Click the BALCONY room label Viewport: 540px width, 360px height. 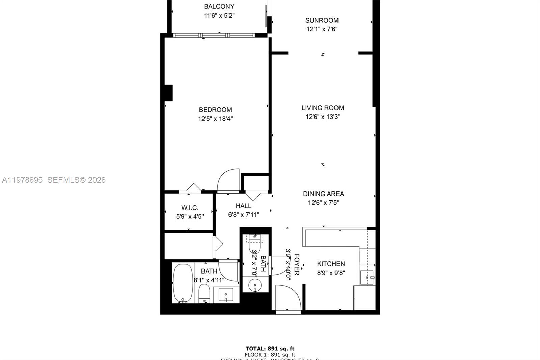(x=219, y=6)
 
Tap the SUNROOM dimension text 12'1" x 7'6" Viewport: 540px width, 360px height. (x=322, y=29)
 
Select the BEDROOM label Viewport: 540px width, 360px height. (x=215, y=110)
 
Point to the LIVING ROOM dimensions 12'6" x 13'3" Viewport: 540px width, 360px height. (x=323, y=117)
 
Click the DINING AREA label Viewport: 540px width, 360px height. (x=323, y=194)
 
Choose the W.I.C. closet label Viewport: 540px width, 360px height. (x=190, y=208)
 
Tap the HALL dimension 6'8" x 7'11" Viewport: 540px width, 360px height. (x=243, y=215)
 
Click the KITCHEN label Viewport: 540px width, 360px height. (x=331, y=264)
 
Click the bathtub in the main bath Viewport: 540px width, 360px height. (x=183, y=283)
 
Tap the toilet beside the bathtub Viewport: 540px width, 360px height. (x=204, y=292)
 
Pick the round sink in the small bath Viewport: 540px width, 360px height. (x=255, y=286)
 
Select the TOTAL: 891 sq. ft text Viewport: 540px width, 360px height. (x=270, y=349)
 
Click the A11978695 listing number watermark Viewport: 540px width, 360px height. (x=22, y=180)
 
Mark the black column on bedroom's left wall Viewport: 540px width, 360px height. (x=168, y=93)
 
